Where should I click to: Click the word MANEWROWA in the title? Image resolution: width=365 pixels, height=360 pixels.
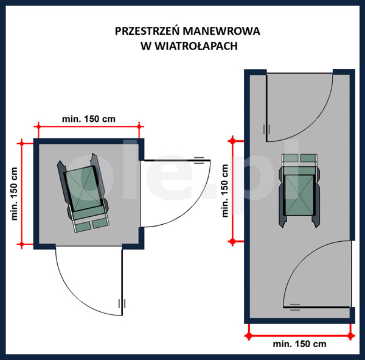click(221, 31)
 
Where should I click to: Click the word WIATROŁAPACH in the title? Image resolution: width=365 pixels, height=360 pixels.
click(196, 46)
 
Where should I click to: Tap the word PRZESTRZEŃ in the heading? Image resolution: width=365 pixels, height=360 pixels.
click(147, 30)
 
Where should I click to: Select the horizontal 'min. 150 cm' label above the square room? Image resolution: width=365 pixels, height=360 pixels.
click(89, 119)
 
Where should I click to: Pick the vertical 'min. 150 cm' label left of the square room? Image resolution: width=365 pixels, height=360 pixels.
click(15, 194)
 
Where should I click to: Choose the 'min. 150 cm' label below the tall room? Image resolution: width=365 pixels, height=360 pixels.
click(299, 344)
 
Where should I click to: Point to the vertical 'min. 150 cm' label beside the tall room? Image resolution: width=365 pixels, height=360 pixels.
click(225, 191)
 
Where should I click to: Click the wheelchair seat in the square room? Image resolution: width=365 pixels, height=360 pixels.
click(83, 188)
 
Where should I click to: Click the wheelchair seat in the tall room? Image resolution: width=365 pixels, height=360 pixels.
click(299, 195)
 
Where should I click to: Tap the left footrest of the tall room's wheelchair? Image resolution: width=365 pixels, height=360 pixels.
click(290, 158)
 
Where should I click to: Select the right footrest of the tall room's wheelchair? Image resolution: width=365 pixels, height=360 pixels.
click(308, 158)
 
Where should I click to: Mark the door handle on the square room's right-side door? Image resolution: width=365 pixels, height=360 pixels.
click(199, 160)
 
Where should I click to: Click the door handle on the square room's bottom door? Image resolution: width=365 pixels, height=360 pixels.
click(122, 303)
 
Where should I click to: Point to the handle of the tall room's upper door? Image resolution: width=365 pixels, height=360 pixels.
click(266, 129)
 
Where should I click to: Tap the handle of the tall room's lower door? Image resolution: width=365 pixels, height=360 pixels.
click(295, 307)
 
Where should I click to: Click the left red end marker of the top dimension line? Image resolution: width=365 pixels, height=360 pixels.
click(38, 127)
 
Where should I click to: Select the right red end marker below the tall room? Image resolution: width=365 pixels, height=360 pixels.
click(351, 336)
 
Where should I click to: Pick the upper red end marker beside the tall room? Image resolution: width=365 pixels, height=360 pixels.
click(232, 141)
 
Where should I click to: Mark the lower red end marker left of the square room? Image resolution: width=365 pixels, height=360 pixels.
click(22, 244)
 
